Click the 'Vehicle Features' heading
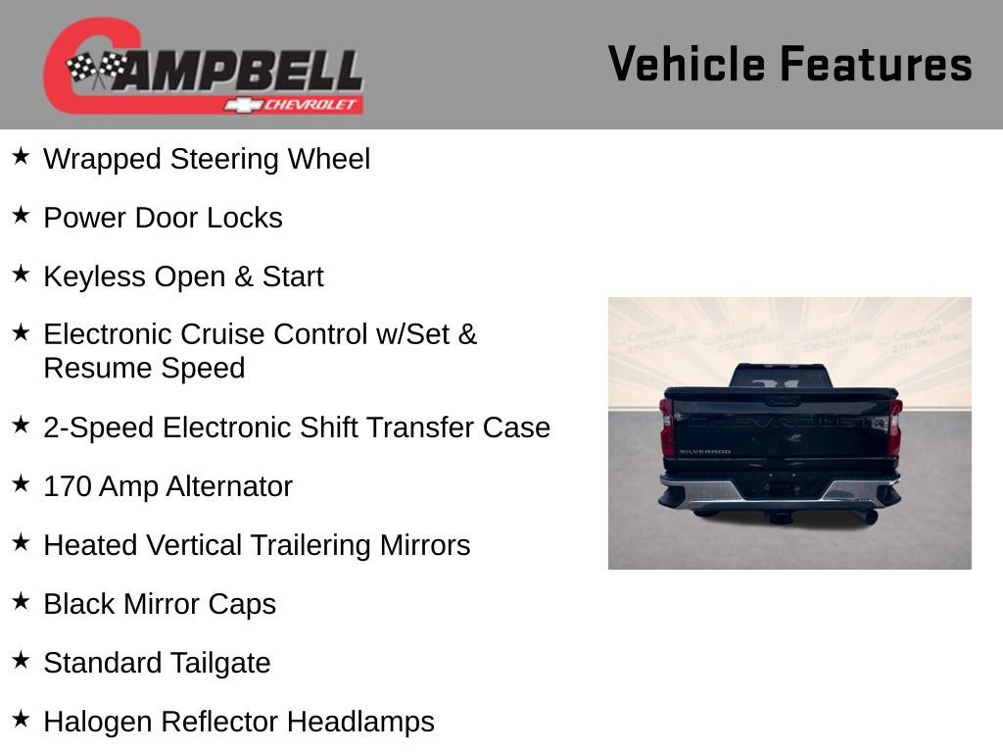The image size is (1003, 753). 789,65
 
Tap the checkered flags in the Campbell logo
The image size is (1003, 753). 96,69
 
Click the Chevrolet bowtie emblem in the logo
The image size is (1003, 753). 239,105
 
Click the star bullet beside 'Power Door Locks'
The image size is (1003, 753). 21,216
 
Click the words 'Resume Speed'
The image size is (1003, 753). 144,369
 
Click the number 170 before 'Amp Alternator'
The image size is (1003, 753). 67,486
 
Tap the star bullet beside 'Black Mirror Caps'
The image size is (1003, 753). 21,602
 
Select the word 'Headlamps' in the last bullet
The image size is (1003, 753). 360,722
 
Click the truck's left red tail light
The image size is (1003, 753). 667,427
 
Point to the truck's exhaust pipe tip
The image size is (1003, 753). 868,517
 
